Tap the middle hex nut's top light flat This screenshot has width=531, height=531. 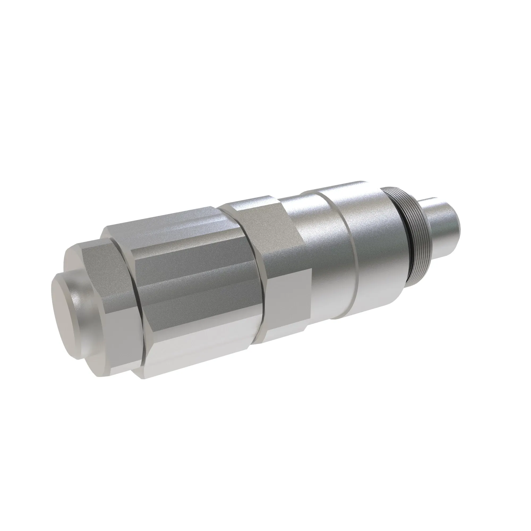point(247,205)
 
